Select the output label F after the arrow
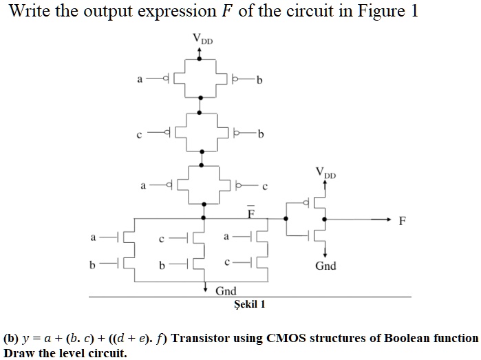click(x=403, y=221)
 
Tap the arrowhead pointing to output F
click(x=387, y=219)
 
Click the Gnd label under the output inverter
click(x=325, y=266)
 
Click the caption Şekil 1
click(x=250, y=304)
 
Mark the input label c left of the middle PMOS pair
click(x=140, y=133)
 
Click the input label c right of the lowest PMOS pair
click(x=264, y=186)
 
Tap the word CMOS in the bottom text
click(x=275, y=338)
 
